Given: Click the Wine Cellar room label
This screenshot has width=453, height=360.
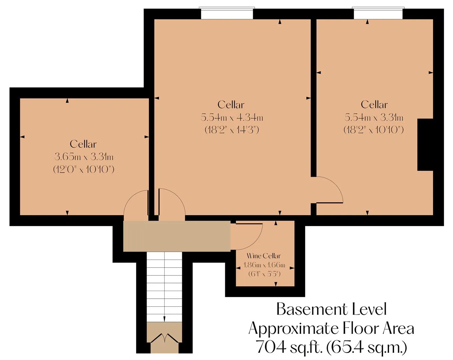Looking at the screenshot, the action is [263, 256].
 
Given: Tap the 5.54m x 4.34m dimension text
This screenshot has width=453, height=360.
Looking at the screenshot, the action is [232, 118].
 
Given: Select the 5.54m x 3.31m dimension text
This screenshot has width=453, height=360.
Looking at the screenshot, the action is [374, 118].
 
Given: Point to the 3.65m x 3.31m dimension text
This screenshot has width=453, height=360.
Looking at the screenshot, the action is [84, 157].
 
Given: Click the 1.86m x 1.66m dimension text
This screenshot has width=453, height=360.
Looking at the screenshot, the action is [264, 265].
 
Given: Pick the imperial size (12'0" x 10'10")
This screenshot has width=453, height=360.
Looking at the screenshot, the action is [84, 169].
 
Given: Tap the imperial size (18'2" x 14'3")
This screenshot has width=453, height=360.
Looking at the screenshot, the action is [232, 130].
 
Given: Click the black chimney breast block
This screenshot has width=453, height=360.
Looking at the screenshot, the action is [425, 145].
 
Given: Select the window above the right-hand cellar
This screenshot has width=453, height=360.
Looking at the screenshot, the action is [378, 13].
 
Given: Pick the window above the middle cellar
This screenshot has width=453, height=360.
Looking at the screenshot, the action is [227, 13].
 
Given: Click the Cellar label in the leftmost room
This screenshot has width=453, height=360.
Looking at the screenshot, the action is [83, 145].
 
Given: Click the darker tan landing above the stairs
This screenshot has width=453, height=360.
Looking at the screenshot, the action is [177, 236].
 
